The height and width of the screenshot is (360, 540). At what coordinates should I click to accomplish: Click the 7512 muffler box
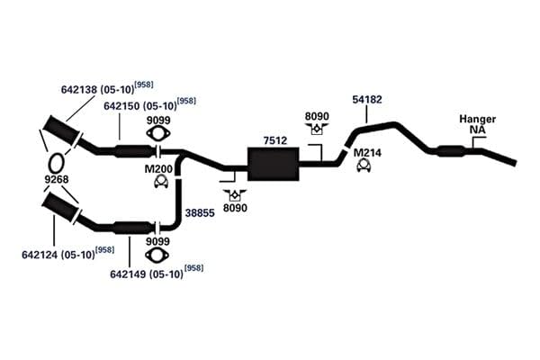click(273, 164)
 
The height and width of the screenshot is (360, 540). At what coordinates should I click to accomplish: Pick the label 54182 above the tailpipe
click(367, 100)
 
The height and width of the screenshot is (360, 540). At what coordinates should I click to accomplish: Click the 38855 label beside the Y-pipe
click(200, 213)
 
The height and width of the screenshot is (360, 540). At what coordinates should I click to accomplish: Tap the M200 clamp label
click(158, 169)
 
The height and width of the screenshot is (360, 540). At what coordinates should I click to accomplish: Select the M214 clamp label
click(367, 153)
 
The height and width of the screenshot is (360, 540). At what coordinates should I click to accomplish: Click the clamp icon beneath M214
click(364, 166)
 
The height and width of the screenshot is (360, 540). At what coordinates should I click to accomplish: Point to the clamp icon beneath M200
click(160, 182)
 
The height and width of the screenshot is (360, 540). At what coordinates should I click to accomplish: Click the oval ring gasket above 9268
click(56, 163)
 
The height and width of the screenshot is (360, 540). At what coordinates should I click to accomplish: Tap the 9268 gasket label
click(57, 179)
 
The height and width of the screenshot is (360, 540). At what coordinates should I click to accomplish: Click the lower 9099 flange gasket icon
click(157, 256)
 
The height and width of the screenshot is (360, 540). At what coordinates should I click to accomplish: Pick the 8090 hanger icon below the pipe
click(235, 195)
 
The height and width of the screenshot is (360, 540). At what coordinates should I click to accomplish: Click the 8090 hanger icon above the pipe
click(317, 128)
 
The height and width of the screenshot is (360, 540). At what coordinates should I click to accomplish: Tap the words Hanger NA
click(478, 124)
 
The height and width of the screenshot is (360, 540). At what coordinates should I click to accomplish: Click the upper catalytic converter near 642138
click(62, 131)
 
